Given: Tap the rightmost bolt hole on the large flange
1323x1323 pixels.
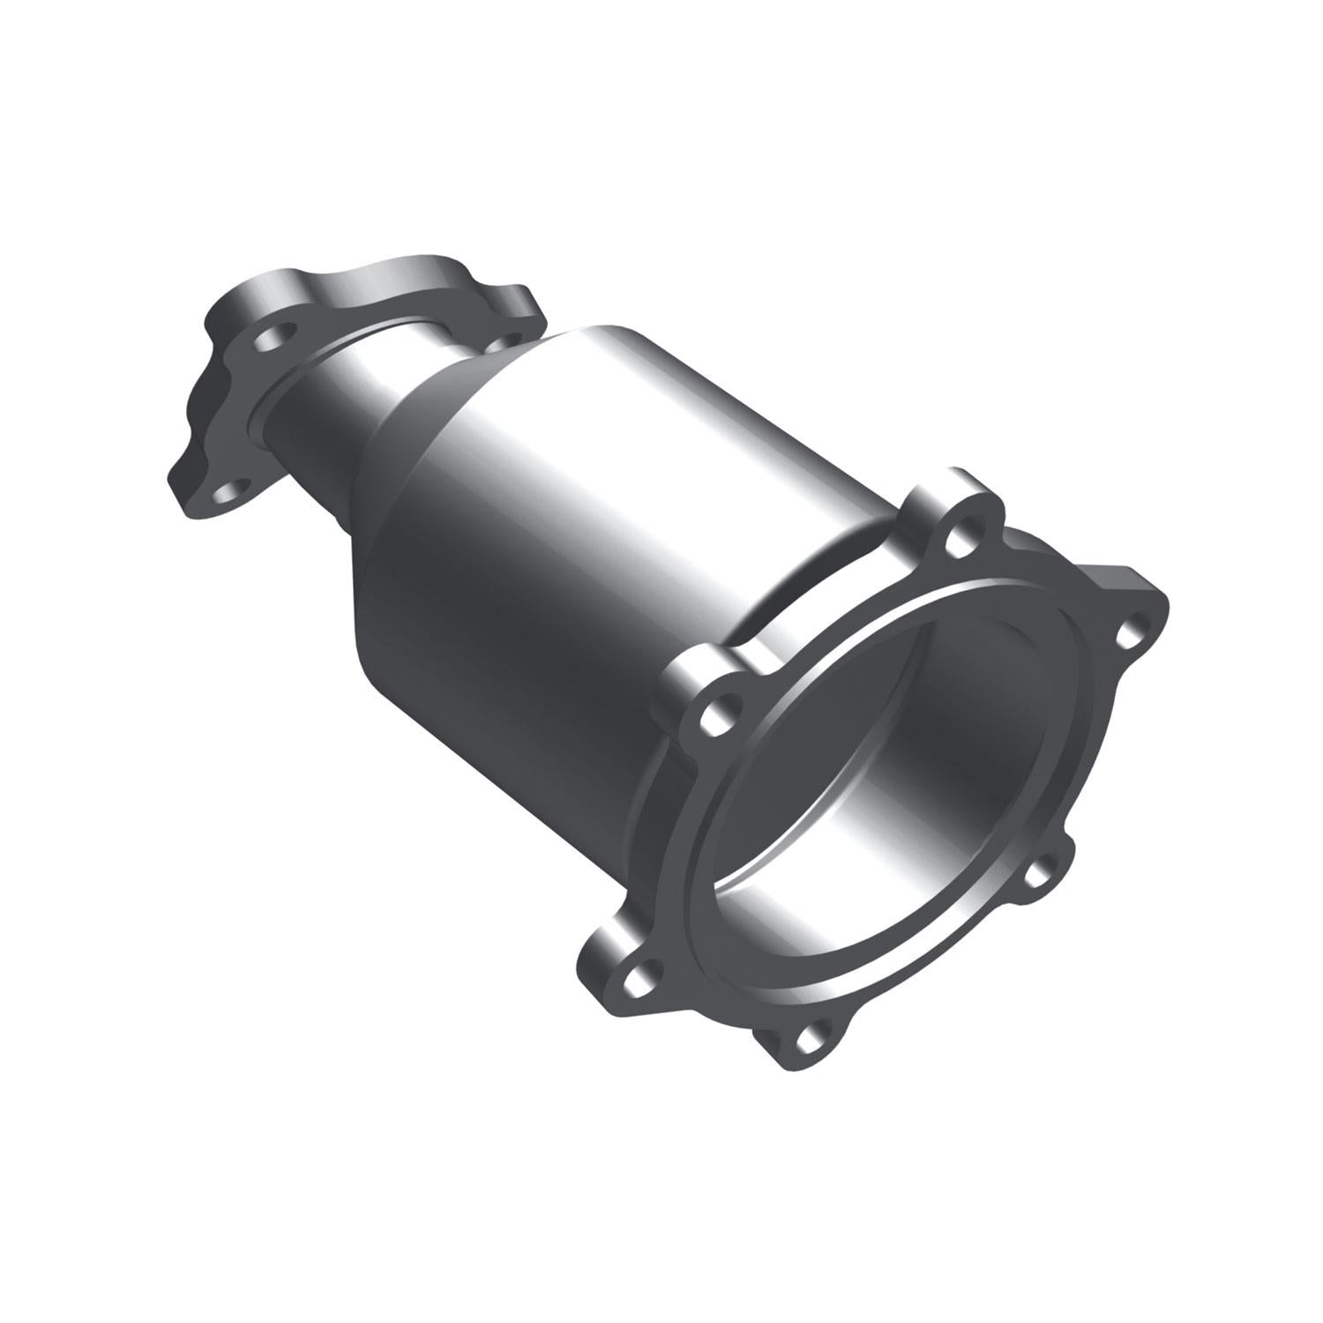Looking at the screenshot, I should (1128, 633).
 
